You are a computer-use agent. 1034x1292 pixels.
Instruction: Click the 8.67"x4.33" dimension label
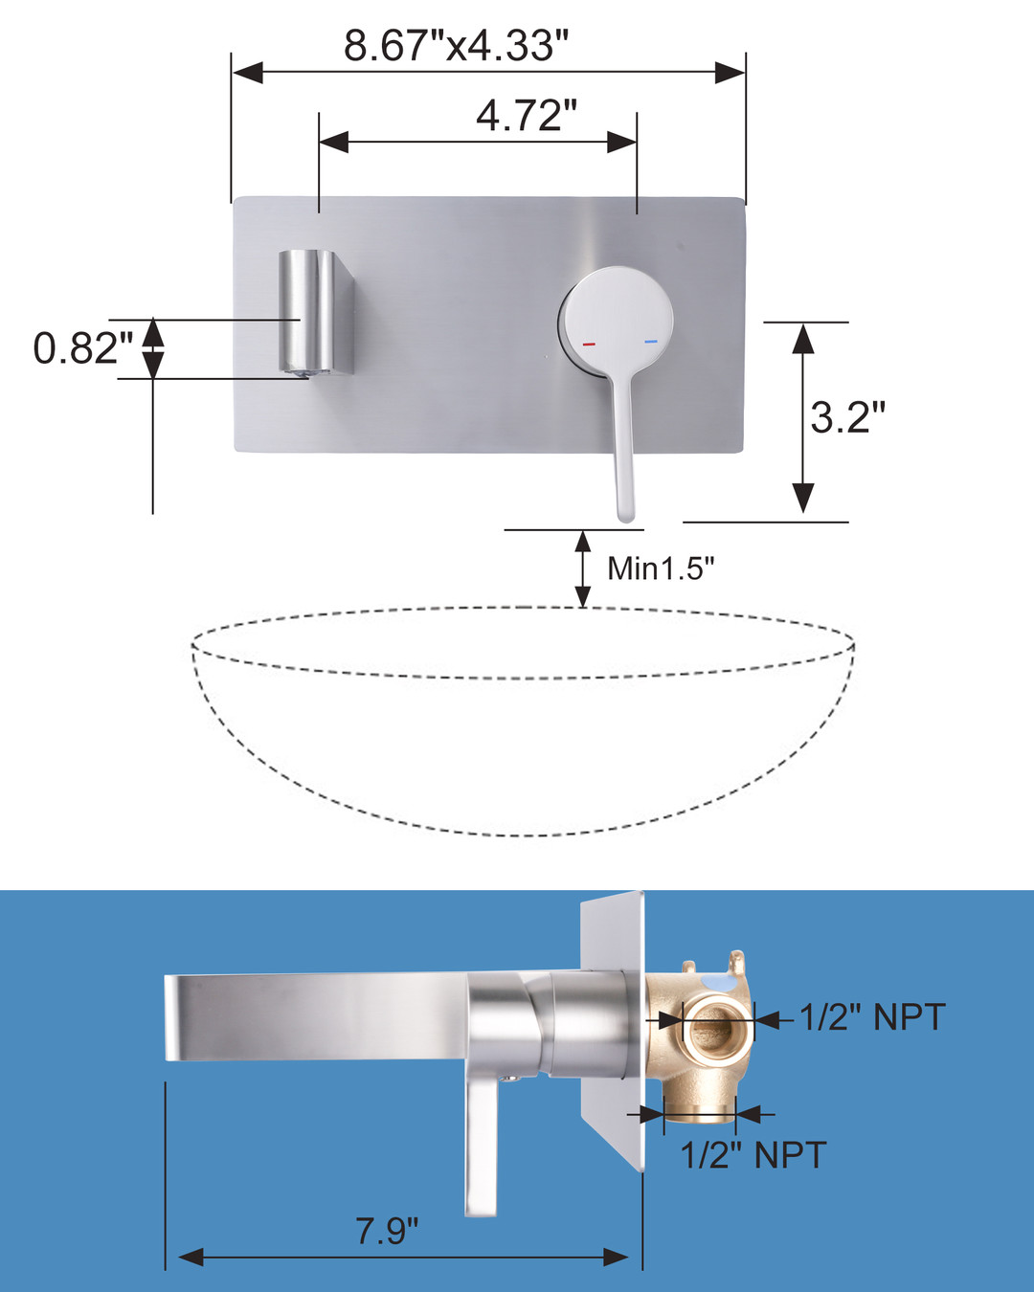[456, 45]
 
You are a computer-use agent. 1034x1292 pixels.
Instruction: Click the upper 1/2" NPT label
[872, 1016]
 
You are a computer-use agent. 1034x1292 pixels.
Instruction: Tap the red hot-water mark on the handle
[588, 344]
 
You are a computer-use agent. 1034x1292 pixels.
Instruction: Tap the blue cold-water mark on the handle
[651, 342]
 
